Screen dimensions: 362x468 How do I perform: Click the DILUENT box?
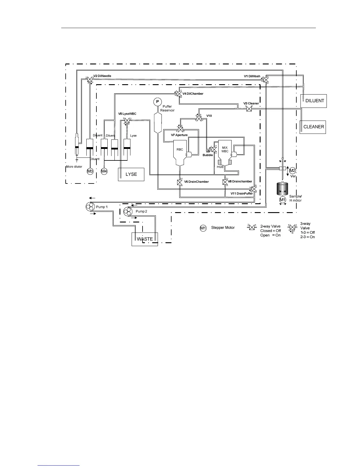313,101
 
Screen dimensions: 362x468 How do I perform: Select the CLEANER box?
313,127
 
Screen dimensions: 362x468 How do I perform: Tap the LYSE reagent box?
131,174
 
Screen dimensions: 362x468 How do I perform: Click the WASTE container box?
145,239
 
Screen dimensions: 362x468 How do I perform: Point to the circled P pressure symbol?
157,102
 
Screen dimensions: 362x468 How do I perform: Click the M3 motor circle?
90,171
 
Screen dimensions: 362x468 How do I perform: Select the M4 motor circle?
104,171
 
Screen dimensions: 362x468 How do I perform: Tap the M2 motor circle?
292,170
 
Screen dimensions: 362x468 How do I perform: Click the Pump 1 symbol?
89,207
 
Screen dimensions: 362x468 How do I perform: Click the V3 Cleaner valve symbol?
249,109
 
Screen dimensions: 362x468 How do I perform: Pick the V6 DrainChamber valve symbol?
180,182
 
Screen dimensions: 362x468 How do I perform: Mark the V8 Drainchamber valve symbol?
225,182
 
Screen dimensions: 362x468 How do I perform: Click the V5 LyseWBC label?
127,114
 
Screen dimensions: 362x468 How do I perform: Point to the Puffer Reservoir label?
167,108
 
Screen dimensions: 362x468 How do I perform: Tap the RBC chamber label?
180,149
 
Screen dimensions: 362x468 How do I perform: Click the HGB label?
220,167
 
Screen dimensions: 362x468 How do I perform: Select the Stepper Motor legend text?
223,228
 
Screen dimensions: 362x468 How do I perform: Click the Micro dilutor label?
74,167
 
